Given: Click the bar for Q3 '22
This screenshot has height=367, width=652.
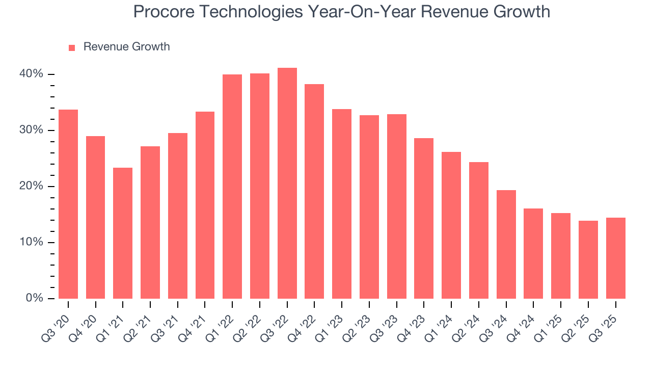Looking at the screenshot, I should point(287,183).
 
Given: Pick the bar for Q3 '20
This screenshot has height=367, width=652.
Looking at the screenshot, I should point(68,204).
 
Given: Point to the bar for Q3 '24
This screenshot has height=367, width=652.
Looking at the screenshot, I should point(506,244).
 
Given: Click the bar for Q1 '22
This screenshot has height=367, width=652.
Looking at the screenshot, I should point(232,187).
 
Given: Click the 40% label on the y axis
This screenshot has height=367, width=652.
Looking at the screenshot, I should point(32,74).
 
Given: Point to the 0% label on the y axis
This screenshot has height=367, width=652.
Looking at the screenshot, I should point(34,298).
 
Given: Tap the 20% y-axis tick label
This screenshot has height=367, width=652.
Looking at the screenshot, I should point(32,187).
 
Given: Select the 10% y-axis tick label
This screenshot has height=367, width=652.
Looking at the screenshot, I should point(32,242).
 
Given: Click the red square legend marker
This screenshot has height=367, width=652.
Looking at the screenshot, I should point(72,47).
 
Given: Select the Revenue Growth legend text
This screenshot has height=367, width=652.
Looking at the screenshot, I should point(126,47).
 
